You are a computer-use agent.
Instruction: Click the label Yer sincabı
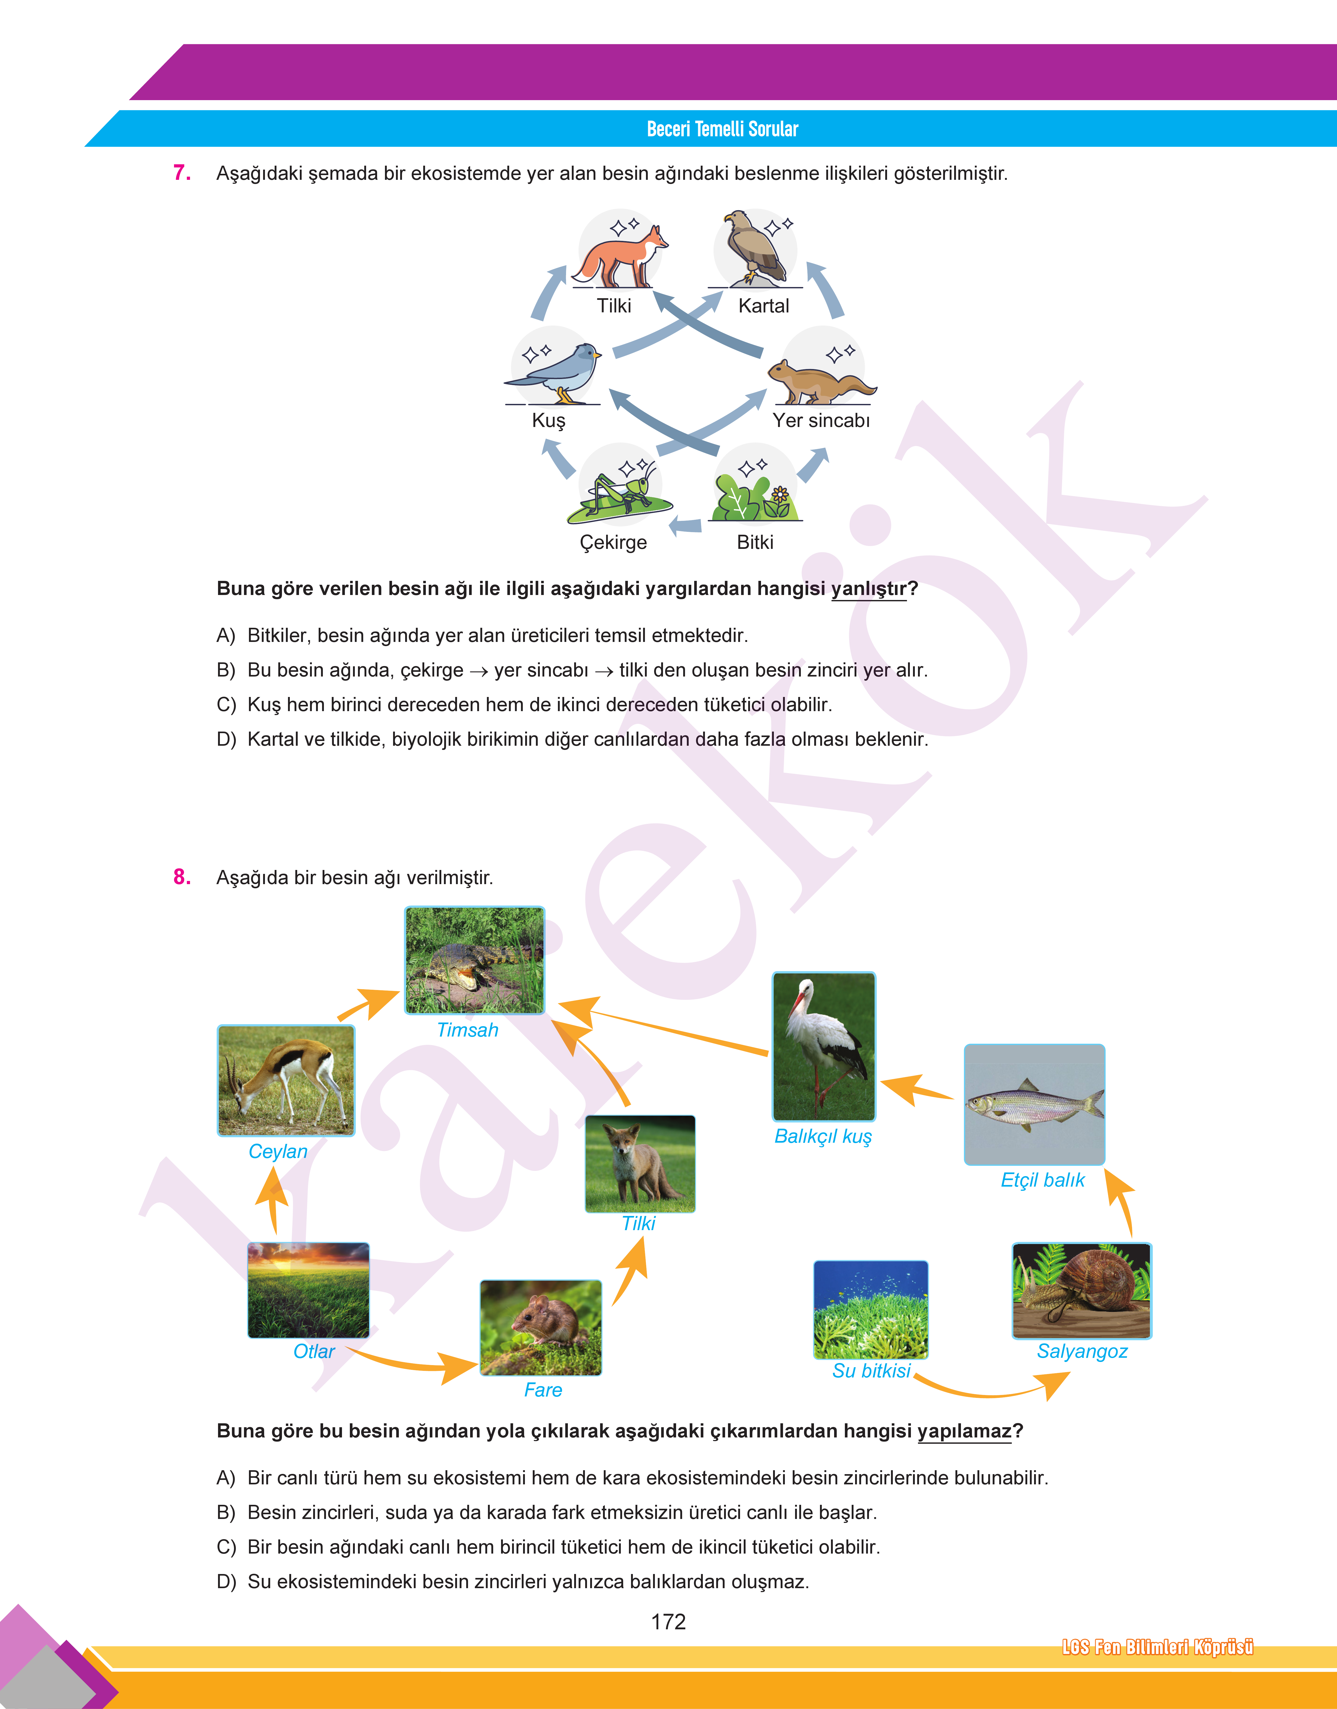[821, 420]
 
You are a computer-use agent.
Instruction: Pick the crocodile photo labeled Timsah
[474, 961]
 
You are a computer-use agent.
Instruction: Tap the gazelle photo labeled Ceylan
[286, 1080]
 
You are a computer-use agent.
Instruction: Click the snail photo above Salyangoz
[1081, 1290]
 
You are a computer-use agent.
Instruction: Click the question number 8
[182, 877]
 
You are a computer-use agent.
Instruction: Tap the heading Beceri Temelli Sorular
[722, 129]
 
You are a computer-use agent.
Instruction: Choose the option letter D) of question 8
[225, 1581]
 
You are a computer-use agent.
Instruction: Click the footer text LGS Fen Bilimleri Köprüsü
[1157, 1647]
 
